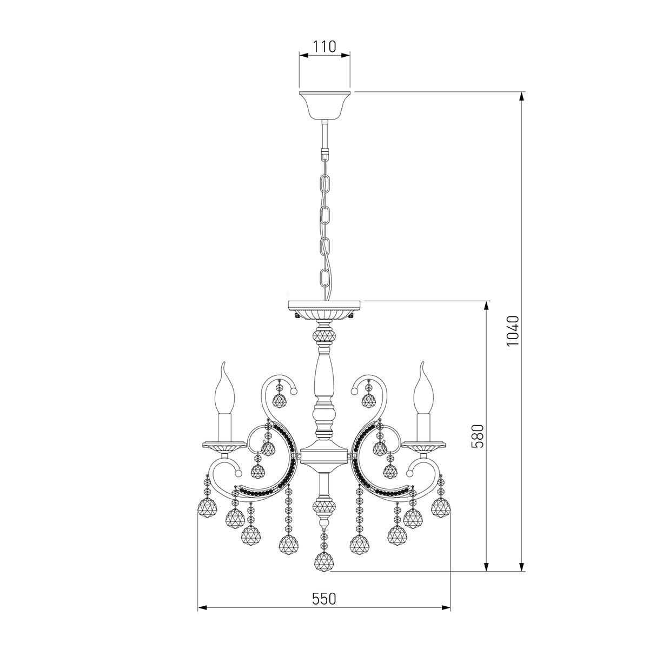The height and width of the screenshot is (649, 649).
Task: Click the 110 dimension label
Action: pos(325,47)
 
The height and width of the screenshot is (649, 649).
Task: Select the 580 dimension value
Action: pos(477,436)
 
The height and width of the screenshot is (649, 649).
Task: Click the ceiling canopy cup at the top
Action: pos(325,105)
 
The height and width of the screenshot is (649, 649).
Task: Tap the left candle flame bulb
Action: pos(223,388)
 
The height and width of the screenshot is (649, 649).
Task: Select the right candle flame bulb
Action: pos(425,388)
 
